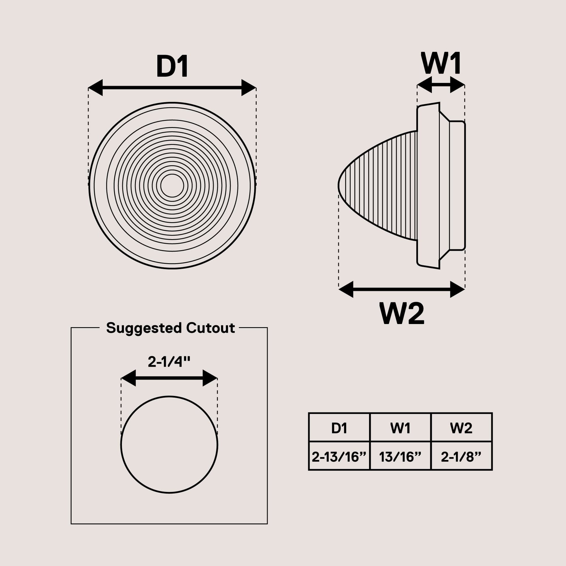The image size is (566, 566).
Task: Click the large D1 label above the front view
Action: (172, 66)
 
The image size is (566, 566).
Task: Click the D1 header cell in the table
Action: (339, 428)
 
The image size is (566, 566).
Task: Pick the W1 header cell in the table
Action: (400, 428)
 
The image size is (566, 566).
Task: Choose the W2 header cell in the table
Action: (461, 428)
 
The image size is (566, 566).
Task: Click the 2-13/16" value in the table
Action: (339, 457)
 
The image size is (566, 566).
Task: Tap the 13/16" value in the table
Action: (400, 457)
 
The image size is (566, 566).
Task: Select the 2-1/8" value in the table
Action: (461, 457)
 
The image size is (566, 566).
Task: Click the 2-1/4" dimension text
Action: (169, 362)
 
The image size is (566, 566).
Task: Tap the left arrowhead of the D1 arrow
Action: (95, 87)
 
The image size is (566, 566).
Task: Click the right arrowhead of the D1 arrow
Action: (249, 87)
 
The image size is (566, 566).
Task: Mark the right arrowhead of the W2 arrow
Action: (457, 289)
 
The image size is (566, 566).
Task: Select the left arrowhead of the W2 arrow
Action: (346, 289)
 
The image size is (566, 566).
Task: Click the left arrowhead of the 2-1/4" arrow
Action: (128, 378)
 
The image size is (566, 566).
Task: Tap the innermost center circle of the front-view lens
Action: (172, 186)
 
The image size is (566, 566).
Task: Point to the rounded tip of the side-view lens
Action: (339, 186)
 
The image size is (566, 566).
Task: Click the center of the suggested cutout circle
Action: (169, 445)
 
